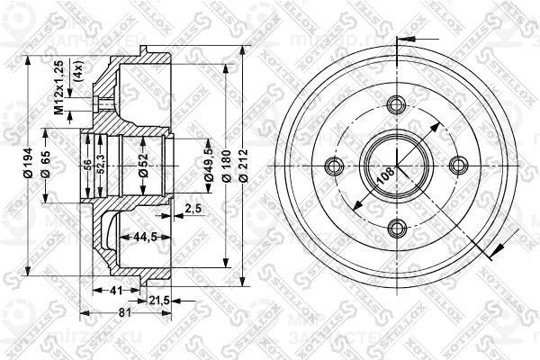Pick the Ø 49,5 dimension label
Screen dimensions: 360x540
(x=208, y=165)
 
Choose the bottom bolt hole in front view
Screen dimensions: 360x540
(x=396, y=227)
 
